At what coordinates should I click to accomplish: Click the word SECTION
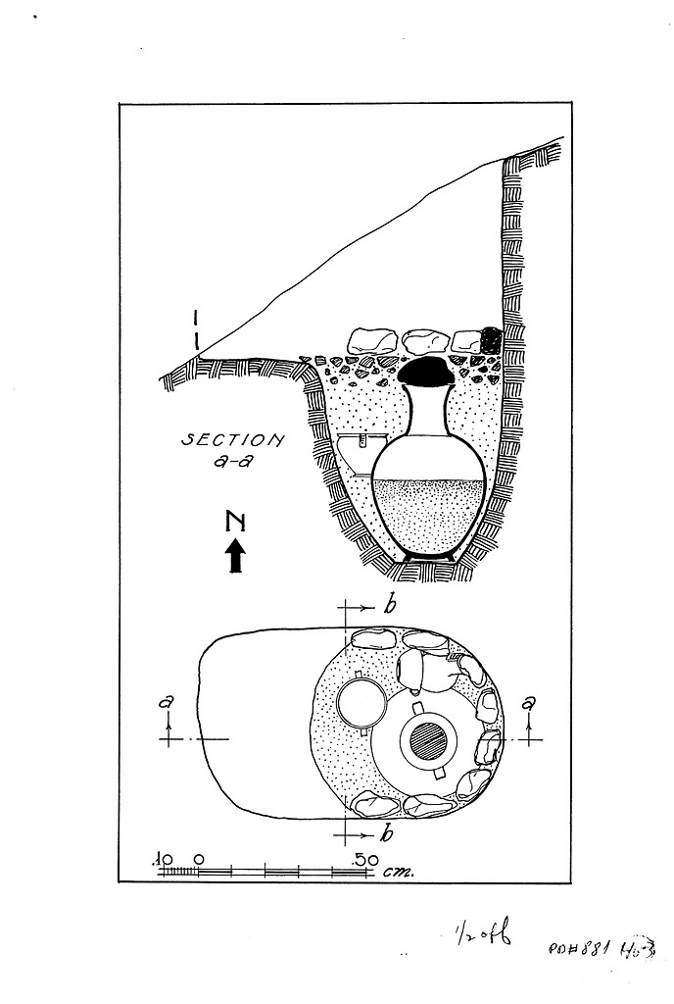[x=232, y=441]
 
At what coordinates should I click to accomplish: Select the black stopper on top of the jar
[x=424, y=373]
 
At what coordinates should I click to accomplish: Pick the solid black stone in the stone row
[x=490, y=339]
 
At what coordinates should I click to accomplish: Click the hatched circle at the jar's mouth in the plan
[x=428, y=739]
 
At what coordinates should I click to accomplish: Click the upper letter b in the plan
[x=389, y=607]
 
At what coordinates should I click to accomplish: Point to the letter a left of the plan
[x=170, y=702]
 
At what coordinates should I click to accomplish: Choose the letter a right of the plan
[x=530, y=702]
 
